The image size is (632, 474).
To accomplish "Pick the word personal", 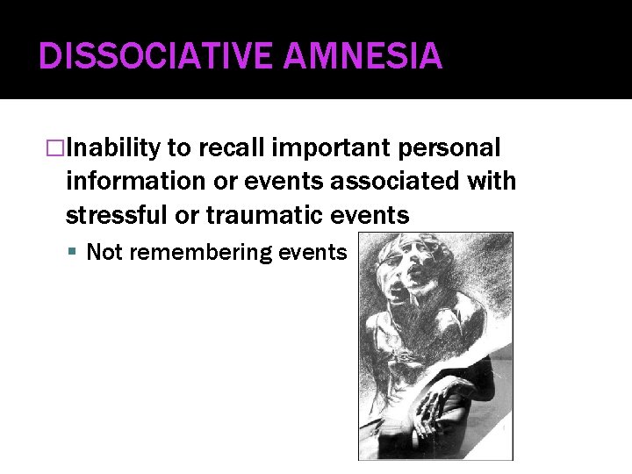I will [456, 148].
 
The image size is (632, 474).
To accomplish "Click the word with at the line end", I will [492, 182].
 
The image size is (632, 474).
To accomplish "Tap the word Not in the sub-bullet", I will [105, 253].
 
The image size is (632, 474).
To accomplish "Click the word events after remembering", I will [312, 253].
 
